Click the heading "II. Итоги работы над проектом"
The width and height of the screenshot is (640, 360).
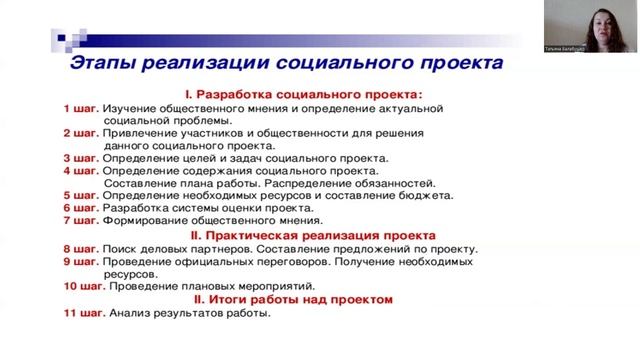[x=293, y=299]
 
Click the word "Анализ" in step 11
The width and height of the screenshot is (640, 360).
[x=132, y=312]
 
